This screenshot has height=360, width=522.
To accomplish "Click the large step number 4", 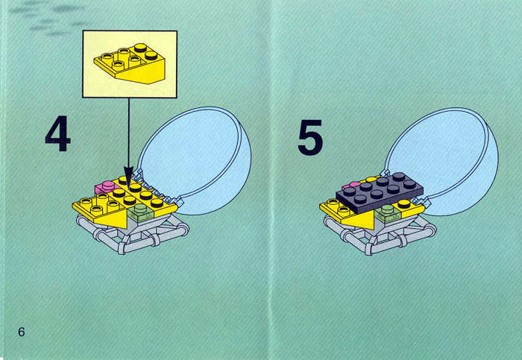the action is coord(58,133).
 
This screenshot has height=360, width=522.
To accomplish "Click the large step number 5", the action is coord(310,137).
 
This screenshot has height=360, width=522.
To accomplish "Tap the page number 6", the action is coord(22,332).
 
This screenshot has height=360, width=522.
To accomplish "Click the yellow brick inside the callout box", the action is coord(130,64).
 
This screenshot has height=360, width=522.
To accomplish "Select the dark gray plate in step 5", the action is coord(380,192).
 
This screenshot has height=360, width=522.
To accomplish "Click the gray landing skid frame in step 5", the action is coord(380,236).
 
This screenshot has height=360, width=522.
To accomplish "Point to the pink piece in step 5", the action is coord(351,185).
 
